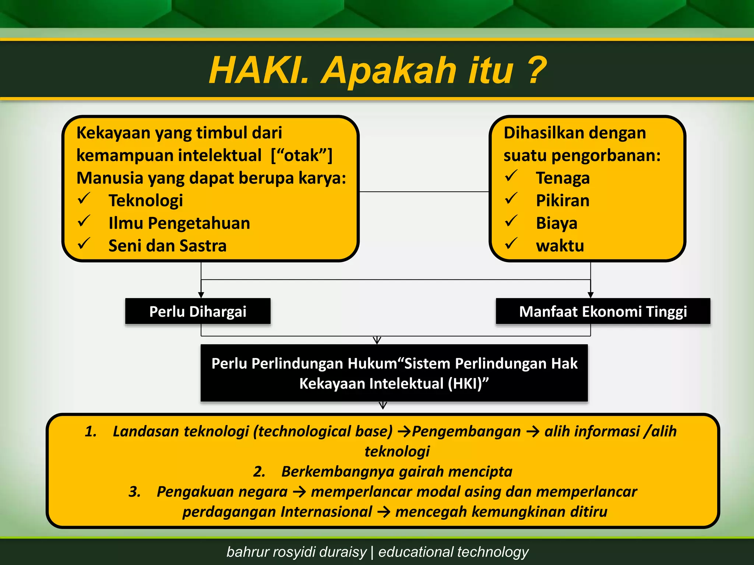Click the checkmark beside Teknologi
coord(84,199)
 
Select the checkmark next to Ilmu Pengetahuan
coord(84,221)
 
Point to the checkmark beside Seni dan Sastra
coord(84,244)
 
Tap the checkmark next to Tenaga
coord(511,176)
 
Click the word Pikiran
coord(563,201)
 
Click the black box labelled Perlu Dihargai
coord(198,312)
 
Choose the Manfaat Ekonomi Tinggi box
coord(603,312)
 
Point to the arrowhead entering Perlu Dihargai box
coord(201,295)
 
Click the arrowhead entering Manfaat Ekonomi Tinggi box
coord(591,295)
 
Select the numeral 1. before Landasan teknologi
coord(91,431)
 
